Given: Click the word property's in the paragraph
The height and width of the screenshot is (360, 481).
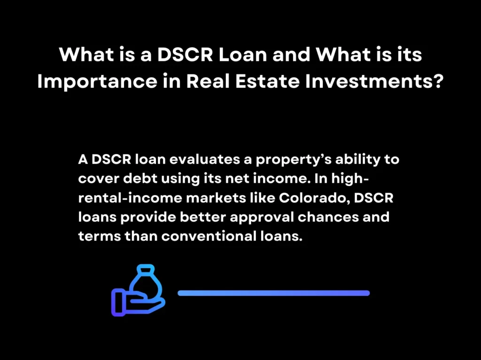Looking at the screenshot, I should (x=286, y=160).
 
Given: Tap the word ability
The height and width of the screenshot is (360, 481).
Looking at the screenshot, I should (x=358, y=160).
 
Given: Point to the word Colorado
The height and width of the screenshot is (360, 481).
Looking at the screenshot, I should (x=314, y=198).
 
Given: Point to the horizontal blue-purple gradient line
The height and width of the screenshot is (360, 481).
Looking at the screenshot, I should (x=274, y=293).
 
